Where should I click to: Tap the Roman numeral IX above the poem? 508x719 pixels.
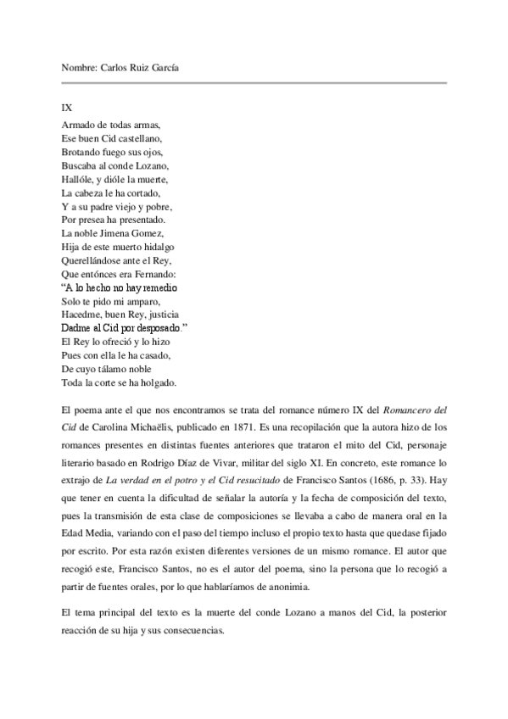coord(67,109)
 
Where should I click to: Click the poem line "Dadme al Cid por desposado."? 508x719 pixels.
coord(125,327)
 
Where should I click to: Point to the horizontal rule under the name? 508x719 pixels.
coord(254,83)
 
